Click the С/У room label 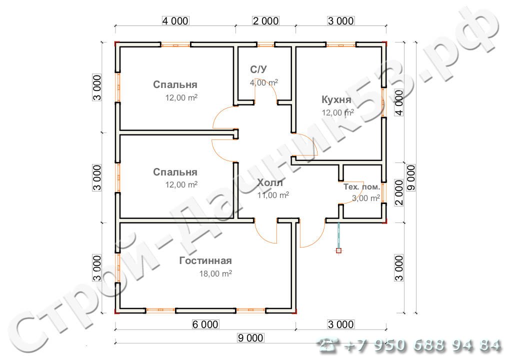click(x=258, y=69)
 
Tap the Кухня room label click(x=336, y=99)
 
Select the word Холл click(x=270, y=183)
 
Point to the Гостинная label click(x=205, y=260)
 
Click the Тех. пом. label click(x=361, y=187)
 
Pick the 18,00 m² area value click(x=215, y=273)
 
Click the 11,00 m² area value click(x=273, y=195)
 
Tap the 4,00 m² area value click(x=263, y=83)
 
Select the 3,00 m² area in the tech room click(x=366, y=198)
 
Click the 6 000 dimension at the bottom click(x=205, y=324)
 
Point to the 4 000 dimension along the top click(x=175, y=21)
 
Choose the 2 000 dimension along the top click(x=266, y=21)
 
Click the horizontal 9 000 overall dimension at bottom click(x=250, y=338)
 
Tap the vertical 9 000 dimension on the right click(x=411, y=178)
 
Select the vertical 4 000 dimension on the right click(x=399, y=103)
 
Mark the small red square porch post click(x=339, y=250)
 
